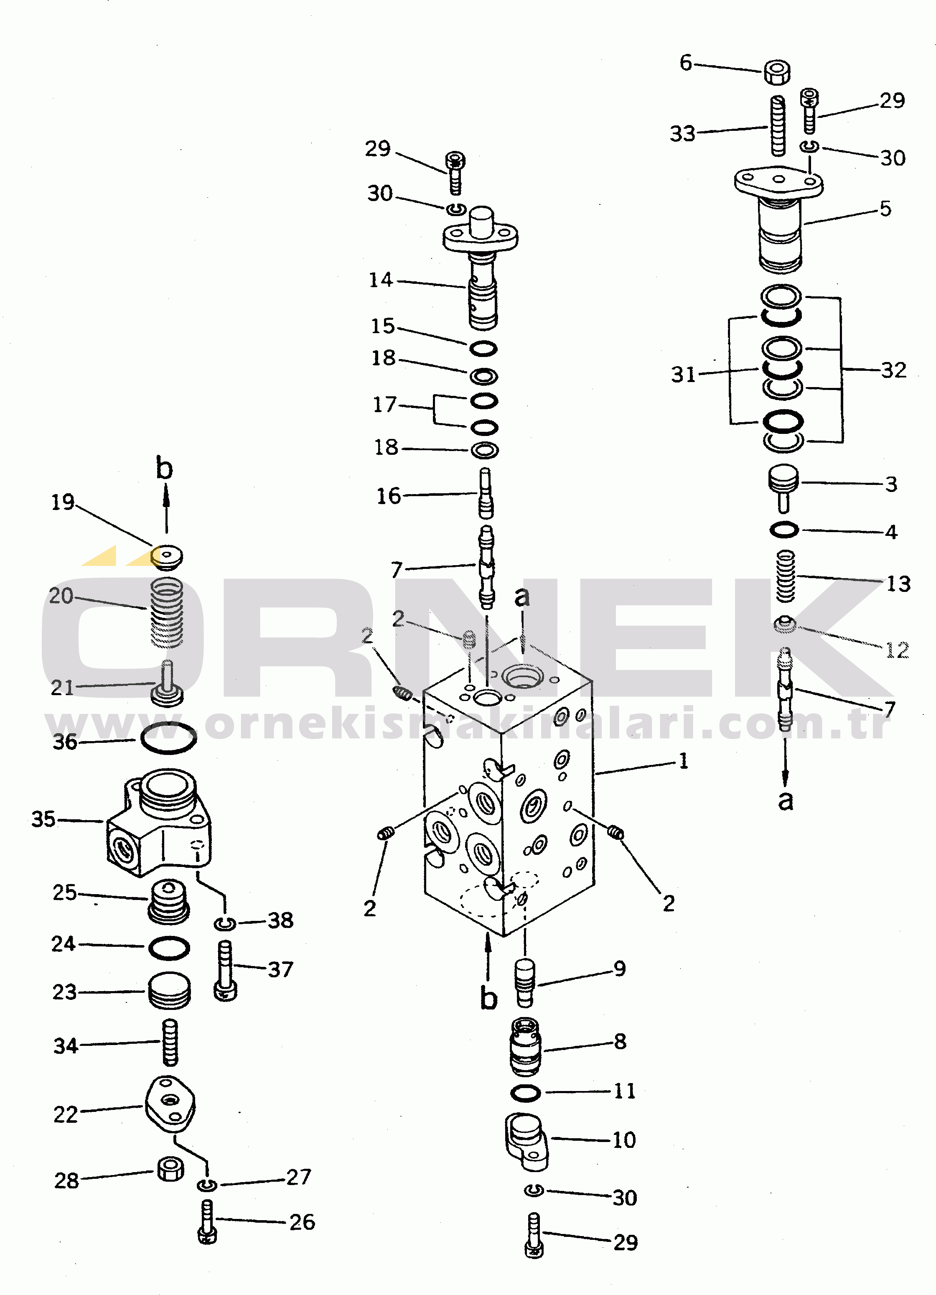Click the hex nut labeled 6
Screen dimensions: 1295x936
pyautogui.click(x=776, y=72)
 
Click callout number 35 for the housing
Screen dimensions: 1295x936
pyautogui.click(x=43, y=819)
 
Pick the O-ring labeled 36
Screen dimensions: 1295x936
pyautogui.click(x=168, y=738)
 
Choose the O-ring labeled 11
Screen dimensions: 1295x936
pyautogui.click(x=525, y=1093)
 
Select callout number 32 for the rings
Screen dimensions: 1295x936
pyautogui.click(x=894, y=370)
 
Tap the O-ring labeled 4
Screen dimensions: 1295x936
pyautogui.click(x=784, y=530)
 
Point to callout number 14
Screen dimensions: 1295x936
pyautogui.click(x=381, y=280)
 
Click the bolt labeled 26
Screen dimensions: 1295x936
pyautogui.click(x=206, y=1221)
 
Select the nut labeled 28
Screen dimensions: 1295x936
pyautogui.click(x=170, y=1169)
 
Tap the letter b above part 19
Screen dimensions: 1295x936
pyautogui.click(x=164, y=468)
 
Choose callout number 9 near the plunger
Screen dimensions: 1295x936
pyautogui.click(x=620, y=969)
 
